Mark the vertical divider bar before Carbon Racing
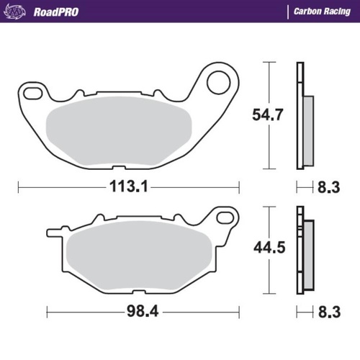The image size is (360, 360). (x=287, y=12)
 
